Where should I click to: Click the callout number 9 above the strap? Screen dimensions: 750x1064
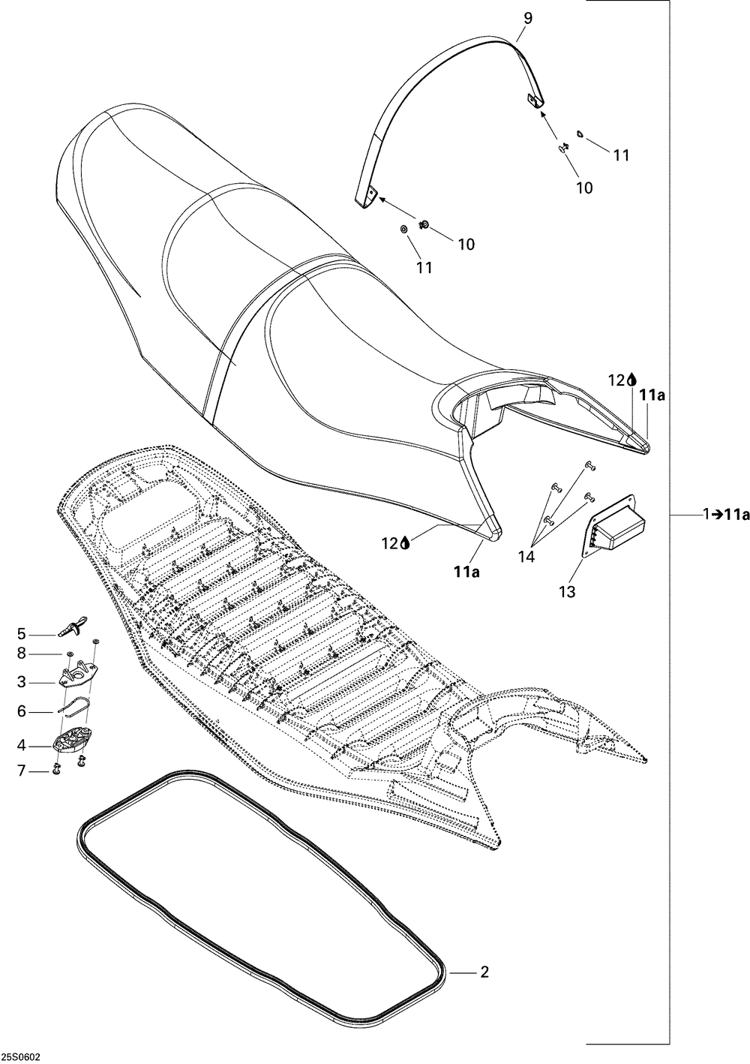tap(528, 17)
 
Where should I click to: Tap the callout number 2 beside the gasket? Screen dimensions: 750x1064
tap(484, 972)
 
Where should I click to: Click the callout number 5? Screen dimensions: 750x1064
tap(22, 633)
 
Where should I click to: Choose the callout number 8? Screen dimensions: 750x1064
tap(22, 654)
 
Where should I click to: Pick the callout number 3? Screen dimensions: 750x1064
tap(22, 682)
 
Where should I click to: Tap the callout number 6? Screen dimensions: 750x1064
tap(22, 711)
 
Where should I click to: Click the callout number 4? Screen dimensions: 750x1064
tap(22, 745)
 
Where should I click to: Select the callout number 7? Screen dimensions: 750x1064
tap(22, 770)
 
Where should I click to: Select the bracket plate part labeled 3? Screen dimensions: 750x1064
tap(79, 678)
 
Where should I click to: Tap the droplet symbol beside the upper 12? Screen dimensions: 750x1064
tap(631, 380)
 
